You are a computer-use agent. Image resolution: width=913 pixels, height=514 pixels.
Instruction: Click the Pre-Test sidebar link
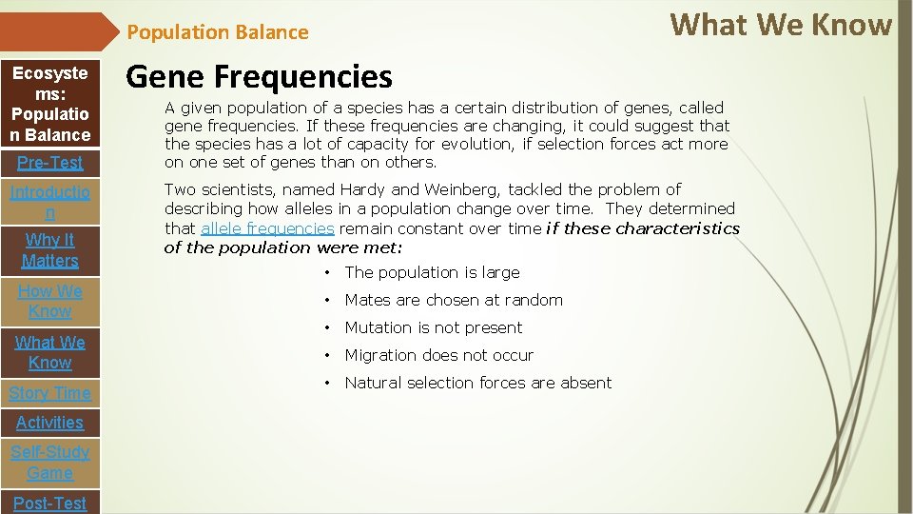pyautogui.click(x=49, y=162)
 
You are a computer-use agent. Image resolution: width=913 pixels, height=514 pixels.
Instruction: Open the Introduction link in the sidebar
pyautogui.click(x=49, y=203)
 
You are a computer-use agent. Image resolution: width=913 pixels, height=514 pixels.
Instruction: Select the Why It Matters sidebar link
pyautogui.click(x=49, y=249)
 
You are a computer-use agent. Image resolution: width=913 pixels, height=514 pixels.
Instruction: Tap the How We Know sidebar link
pyautogui.click(x=49, y=301)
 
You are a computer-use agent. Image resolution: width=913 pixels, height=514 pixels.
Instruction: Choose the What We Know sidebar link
pyautogui.click(x=49, y=352)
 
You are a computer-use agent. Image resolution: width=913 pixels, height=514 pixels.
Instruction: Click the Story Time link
pyautogui.click(x=49, y=392)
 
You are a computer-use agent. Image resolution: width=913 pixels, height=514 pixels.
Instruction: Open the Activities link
pyautogui.click(x=49, y=422)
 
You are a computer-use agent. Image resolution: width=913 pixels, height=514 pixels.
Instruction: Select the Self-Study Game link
pyautogui.click(x=49, y=462)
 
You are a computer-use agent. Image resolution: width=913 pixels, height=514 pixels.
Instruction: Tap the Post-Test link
pyautogui.click(x=49, y=503)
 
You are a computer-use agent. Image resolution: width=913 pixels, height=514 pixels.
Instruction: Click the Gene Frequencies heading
pyautogui.click(x=259, y=76)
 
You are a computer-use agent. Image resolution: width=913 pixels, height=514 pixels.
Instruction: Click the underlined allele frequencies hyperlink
pyautogui.click(x=267, y=228)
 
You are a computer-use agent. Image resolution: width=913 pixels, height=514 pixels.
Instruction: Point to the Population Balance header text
pyautogui.click(x=218, y=32)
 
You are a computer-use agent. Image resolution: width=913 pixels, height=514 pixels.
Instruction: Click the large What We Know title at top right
pyautogui.click(x=781, y=25)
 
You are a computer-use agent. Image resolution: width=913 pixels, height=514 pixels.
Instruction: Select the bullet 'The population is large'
pyautogui.click(x=432, y=272)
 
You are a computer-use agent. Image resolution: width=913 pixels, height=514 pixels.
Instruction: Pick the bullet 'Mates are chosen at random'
pyautogui.click(x=454, y=300)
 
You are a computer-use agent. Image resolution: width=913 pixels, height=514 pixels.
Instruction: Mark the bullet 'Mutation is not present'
pyautogui.click(x=433, y=327)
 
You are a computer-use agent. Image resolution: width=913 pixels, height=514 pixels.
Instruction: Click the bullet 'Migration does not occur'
pyautogui.click(x=438, y=355)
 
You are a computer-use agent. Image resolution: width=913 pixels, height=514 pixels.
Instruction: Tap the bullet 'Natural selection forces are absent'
pyautogui.click(x=477, y=383)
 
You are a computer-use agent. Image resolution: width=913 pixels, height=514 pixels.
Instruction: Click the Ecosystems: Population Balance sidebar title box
pyautogui.click(x=50, y=104)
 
